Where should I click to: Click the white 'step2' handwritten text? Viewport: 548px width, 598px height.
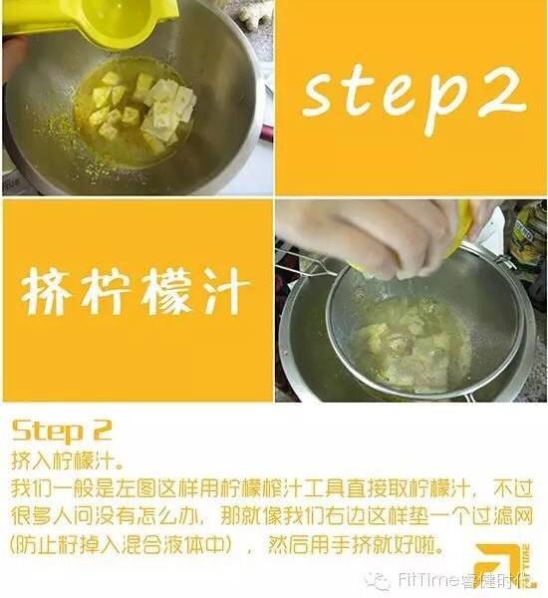pos(414,100)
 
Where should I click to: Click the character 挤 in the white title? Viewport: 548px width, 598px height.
pos(46,292)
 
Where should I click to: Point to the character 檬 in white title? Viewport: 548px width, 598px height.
pos(166,292)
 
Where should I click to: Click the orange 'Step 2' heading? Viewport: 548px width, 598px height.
pos(62,431)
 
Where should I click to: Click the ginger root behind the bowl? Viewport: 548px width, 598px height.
pos(255,15)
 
